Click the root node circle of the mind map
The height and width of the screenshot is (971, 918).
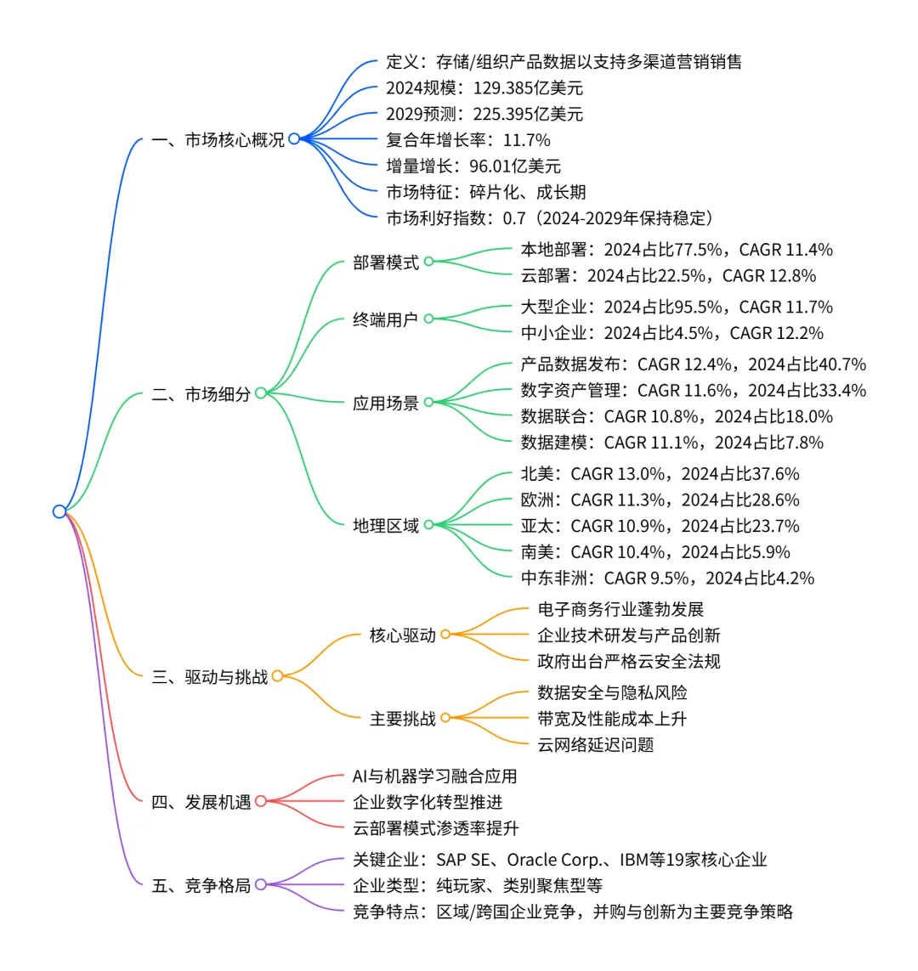tap(59, 511)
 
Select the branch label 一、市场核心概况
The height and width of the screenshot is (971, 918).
tap(218, 139)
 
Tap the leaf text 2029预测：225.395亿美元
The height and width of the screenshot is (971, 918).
tap(484, 114)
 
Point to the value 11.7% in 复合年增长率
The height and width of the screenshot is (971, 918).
tap(527, 140)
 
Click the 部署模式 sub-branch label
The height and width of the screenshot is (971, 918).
tap(386, 263)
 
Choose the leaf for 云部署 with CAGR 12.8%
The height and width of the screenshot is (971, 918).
tap(668, 275)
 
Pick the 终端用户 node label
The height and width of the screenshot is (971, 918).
tap(386, 319)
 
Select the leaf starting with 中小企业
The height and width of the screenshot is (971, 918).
tap(671, 333)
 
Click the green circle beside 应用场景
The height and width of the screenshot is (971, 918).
tap(429, 403)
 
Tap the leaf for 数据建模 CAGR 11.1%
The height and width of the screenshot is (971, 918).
tap(671, 443)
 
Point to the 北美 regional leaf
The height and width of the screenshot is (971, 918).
tap(660, 474)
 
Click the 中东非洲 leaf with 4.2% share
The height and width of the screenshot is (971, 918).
tap(667, 579)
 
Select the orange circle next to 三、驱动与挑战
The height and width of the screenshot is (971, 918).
tap(277, 676)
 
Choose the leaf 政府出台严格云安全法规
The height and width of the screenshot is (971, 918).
tap(629, 661)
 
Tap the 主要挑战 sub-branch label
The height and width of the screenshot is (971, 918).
tap(403, 719)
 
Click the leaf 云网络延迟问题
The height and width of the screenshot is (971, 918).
tap(596, 745)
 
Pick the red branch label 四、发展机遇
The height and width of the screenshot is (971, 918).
tap(201, 801)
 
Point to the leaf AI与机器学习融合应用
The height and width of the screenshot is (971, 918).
tap(434, 776)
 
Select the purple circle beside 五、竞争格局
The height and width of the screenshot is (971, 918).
tap(261, 884)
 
